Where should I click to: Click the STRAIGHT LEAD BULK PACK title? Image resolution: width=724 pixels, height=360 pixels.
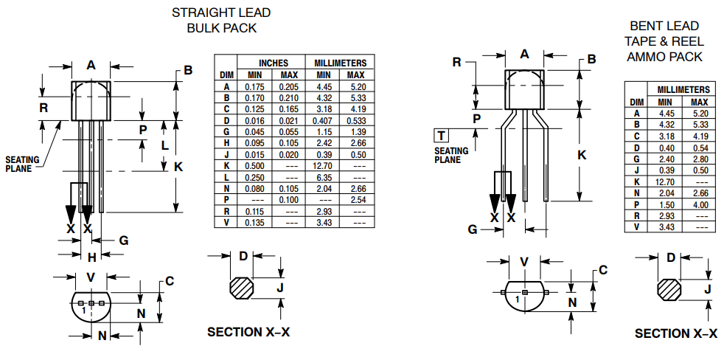coord(220,21)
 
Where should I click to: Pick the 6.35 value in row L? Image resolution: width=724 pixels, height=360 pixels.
coord(324,177)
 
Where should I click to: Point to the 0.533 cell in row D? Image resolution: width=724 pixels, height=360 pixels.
coord(356,120)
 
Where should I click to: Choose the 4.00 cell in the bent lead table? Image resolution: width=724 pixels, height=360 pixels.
coord(700,204)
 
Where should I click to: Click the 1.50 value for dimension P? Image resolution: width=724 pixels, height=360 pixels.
coord(666,204)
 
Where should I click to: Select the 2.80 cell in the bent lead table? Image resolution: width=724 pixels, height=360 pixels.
coord(700,159)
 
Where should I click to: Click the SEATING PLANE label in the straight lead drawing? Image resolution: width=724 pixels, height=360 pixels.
coord(23,164)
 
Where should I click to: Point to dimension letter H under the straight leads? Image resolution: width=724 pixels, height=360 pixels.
coord(91,257)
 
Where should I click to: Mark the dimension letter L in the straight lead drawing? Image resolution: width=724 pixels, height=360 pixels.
coord(164,145)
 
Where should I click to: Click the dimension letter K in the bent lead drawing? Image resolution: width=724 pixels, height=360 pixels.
coord(582,155)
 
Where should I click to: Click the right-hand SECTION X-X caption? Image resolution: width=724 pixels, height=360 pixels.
coord(675,333)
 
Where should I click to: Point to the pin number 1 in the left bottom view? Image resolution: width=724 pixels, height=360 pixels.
coord(85,311)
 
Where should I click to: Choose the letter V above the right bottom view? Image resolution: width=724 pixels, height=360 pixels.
coord(524,261)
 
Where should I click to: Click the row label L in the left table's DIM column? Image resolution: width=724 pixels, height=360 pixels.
coord(227,177)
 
